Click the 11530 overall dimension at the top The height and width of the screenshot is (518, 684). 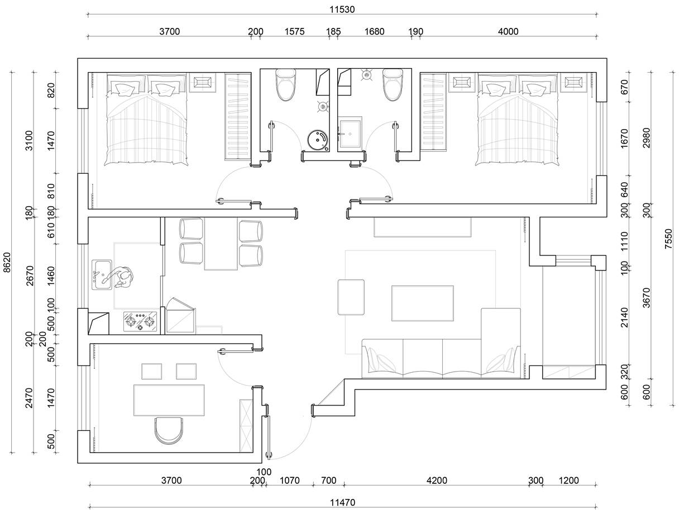point(342,9)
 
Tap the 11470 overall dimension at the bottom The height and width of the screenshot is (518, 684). point(342,502)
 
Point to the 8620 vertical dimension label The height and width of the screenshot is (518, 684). point(7,263)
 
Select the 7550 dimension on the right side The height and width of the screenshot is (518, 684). point(669,239)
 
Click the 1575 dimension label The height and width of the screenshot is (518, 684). point(294,31)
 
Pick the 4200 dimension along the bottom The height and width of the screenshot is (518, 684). point(437,480)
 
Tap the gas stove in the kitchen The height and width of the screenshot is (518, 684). point(140,321)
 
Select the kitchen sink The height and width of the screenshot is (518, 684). point(102,275)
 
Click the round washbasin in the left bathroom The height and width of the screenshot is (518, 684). point(318,141)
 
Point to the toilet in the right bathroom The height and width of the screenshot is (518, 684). point(393,84)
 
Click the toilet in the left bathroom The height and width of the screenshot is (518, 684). point(285,84)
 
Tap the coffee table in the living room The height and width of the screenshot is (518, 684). point(423,303)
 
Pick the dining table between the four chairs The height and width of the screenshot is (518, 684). point(221,244)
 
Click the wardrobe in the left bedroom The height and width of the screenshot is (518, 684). point(238,117)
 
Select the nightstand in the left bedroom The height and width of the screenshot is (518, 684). point(203,82)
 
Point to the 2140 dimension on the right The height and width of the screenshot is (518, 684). point(624,317)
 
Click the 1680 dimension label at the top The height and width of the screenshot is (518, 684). point(374,31)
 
